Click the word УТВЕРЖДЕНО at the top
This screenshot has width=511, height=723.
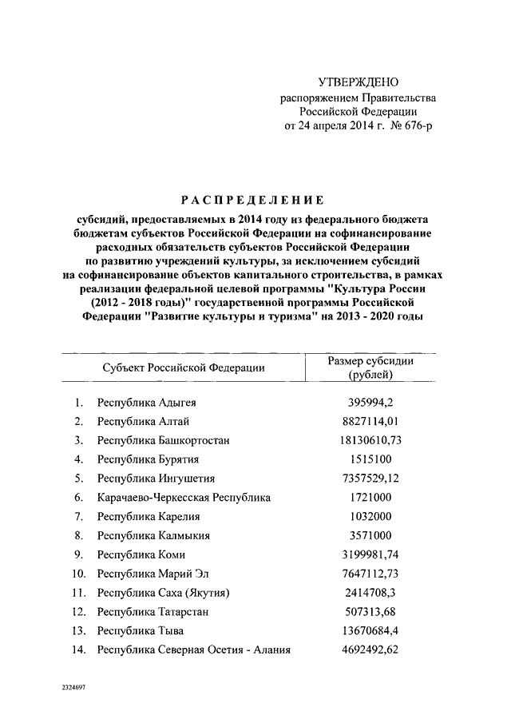358,82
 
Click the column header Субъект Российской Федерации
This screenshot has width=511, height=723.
184,367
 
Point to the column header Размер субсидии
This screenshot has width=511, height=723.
370,361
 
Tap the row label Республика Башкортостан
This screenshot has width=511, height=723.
164,440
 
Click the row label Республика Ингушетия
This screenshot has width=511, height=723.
156,479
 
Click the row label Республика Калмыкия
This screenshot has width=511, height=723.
153,535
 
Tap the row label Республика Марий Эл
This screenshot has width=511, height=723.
155,574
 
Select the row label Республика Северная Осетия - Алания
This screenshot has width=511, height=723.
193,650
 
